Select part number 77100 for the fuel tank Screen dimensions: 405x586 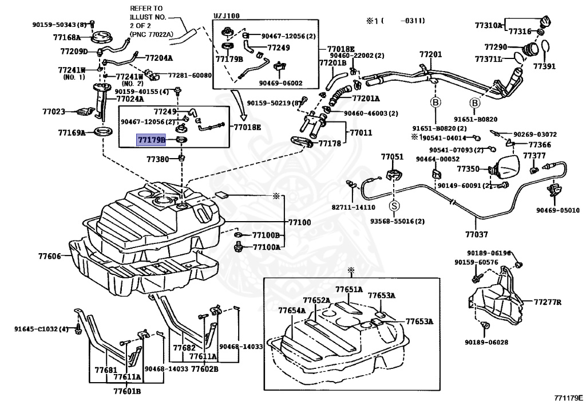[x=299, y=222]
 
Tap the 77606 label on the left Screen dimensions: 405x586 [x=50, y=256]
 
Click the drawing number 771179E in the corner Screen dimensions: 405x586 [x=568, y=397]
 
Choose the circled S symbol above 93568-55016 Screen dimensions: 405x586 [x=395, y=206]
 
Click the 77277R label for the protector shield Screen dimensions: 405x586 [x=548, y=302]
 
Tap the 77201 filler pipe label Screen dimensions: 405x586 [x=431, y=54]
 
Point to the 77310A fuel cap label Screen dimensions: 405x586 [x=488, y=25]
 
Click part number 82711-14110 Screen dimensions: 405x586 [x=353, y=207]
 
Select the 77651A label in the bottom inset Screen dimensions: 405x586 [x=349, y=290]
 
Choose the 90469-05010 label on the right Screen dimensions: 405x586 [x=557, y=210]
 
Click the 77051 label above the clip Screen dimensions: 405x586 [x=393, y=156]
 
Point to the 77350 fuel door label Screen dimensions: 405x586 [x=468, y=169]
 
